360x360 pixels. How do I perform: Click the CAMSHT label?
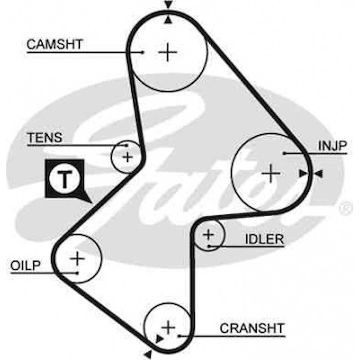point(54,45)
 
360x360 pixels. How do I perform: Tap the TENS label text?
point(45,138)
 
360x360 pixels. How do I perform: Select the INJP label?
point(333,146)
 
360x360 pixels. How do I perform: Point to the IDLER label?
point(264,239)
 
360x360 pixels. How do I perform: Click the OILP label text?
point(25,265)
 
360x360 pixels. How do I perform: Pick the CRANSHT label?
point(252,329)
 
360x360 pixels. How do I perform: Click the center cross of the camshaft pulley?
point(167,52)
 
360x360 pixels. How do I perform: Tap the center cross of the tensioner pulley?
point(128,157)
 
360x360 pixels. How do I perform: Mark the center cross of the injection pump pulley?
point(271,173)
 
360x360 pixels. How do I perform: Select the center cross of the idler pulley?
point(209,235)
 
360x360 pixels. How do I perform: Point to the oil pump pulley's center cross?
point(77,259)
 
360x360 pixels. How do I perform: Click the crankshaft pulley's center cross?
point(168,327)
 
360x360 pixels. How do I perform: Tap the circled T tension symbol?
point(64,179)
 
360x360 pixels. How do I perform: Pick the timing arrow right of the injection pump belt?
point(319,174)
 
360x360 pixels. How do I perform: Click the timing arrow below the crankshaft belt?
point(148,354)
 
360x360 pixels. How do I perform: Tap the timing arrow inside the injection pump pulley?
point(302,174)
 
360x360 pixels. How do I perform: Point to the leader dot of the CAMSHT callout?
point(142,52)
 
